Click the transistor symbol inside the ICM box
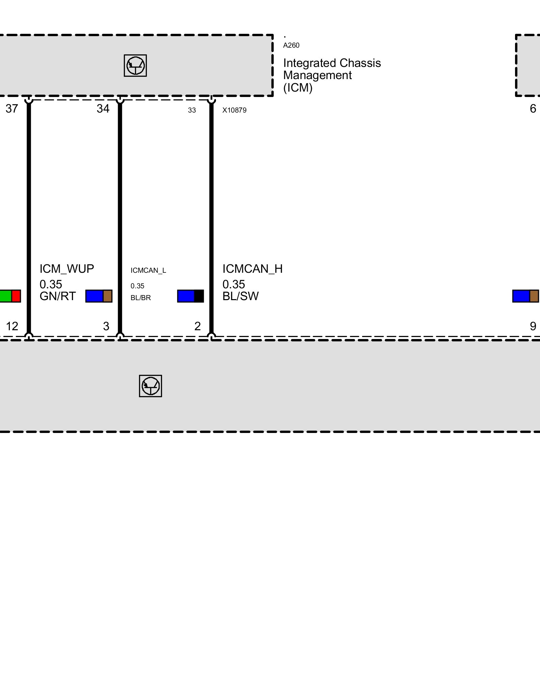click(x=135, y=66)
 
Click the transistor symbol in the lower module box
click(x=150, y=386)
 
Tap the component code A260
click(x=291, y=45)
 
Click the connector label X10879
click(x=234, y=110)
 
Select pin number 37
click(x=12, y=108)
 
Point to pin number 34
click(x=103, y=108)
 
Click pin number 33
click(x=192, y=110)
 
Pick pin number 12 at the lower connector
click(x=12, y=326)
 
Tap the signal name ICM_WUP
click(x=66, y=269)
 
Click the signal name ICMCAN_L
click(x=148, y=270)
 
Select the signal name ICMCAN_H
click(x=252, y=269)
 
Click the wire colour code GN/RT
click(x=57, y=296)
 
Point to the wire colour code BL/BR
click(x=140, y=298)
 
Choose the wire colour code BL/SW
click(x=240, y=296)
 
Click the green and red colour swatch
click(x=10, y=296)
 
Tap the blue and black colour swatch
click(x=190, y=296)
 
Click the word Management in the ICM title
click(x=317, y=75)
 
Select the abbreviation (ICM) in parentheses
click(x=298, y=88)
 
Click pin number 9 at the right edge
click(x=533, y=326)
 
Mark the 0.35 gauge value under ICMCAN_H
click(x=234, y=284)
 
